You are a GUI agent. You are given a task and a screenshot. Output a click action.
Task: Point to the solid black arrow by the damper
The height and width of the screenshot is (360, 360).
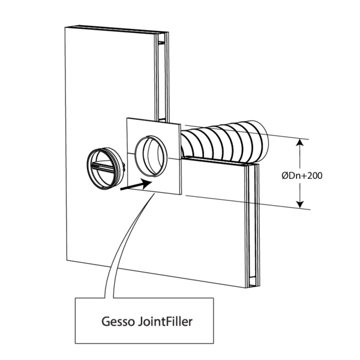[133, 184]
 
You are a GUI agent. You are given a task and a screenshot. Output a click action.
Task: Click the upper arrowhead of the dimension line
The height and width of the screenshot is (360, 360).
[299, 143]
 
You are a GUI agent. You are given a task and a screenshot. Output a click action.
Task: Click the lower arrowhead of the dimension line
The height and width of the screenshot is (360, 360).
[299, 204]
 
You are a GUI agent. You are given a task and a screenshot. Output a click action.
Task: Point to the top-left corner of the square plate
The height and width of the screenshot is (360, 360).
[127, 119]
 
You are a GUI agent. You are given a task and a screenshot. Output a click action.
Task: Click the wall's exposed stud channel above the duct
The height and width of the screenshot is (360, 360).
[160, 78]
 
